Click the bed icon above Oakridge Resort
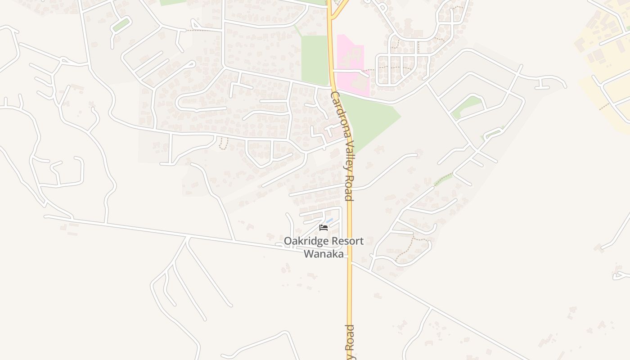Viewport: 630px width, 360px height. pos(324,228)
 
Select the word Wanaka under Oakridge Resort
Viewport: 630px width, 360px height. pos(324,254)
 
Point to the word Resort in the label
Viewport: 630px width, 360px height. pos(347,241)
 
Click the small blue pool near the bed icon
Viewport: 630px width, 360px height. pos(330,220)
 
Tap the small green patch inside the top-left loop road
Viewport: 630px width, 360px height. pos(121,25)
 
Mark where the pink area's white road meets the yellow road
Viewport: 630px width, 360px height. pos(333,71)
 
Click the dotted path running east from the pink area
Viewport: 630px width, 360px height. pos(391,68)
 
